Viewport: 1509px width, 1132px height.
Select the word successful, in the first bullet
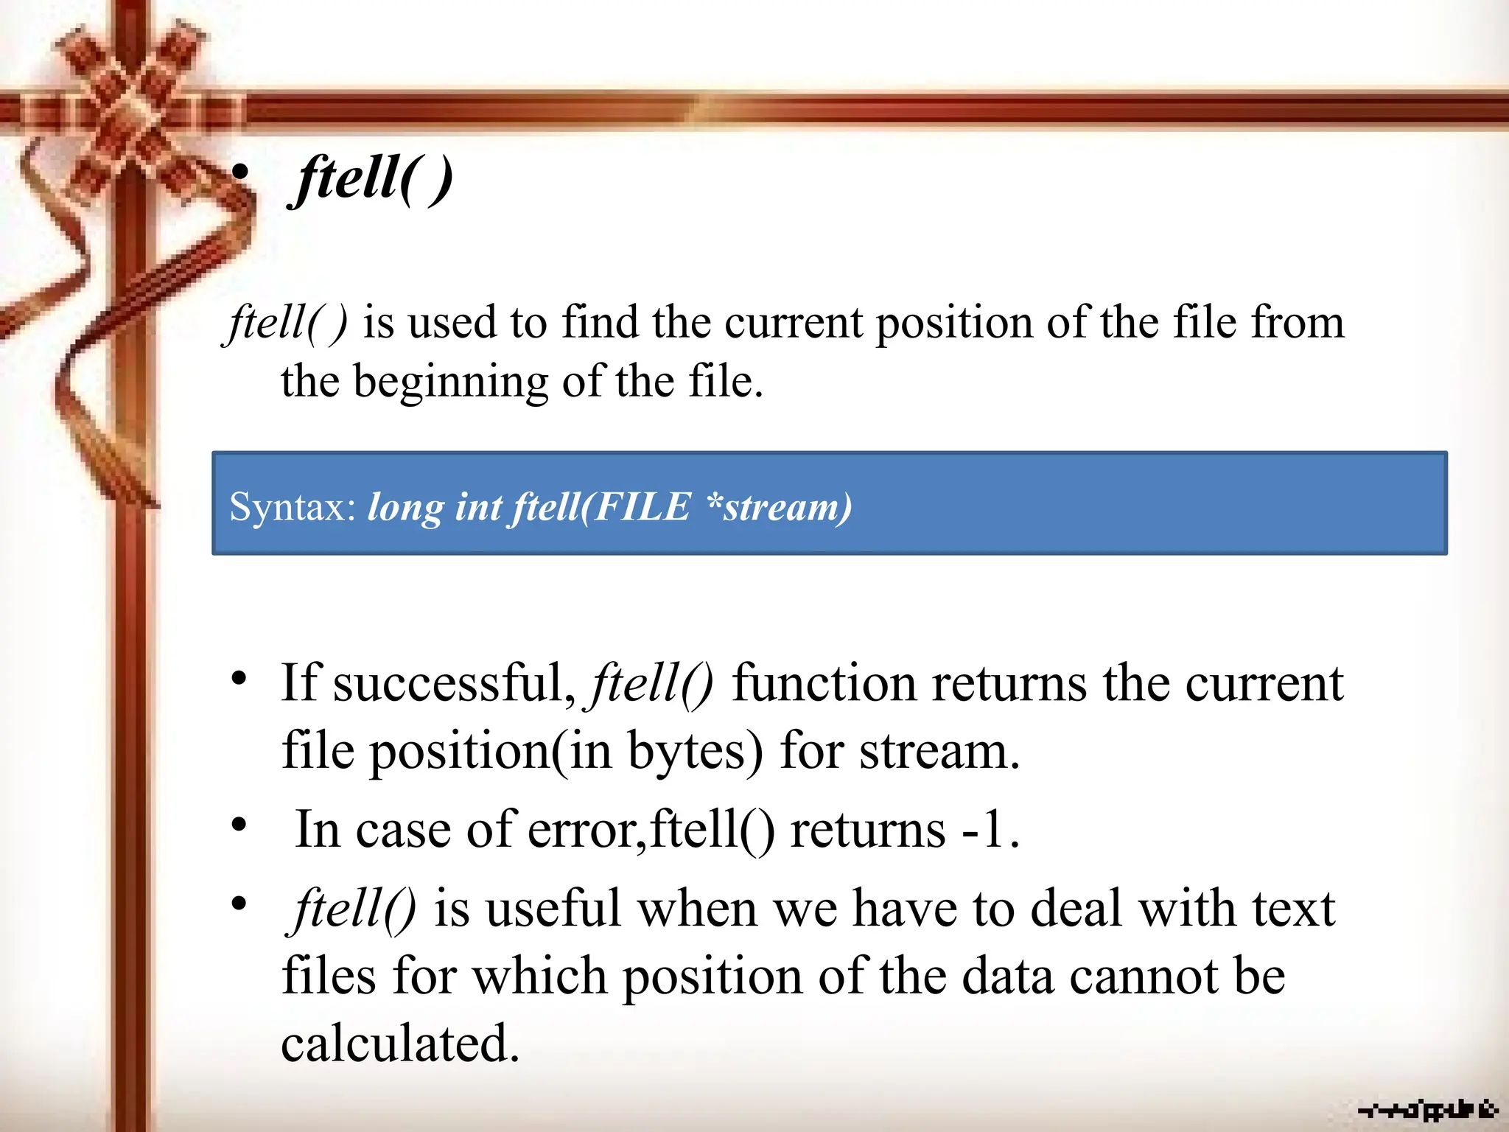[x=454, y=683]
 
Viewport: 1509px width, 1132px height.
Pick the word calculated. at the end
[x=400, y=1044]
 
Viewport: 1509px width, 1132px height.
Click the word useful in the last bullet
[x=553, y=908]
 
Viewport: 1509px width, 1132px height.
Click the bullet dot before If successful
[x=238, y=679]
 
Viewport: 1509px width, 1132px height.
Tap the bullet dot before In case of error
[x=238, y=825]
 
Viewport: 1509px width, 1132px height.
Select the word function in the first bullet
[x=824, y=683]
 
